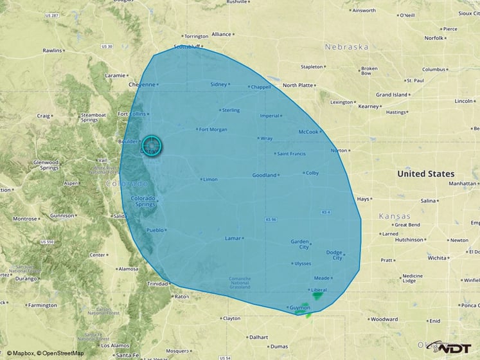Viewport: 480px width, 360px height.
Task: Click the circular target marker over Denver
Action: coord(150,146)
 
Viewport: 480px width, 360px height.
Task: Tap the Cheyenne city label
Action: coord(141,84)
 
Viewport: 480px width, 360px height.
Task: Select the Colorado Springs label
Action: coord(143,201)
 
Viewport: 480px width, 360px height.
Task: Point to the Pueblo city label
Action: coord(155,230)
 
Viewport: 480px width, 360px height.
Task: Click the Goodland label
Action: coord(264,175)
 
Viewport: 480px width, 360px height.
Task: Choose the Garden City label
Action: coord(299,244)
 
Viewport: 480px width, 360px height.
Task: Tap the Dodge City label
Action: coord(334,255)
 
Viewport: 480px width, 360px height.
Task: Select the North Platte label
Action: coord(298,85)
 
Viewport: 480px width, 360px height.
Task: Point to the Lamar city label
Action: coord(232,239)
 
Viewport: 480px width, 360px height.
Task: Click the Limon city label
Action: coord(210,179)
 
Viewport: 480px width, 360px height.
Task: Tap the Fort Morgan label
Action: coord(213,129)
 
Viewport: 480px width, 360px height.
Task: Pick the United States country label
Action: coord(425,174)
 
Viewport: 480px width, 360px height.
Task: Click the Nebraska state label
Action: coord(346,47)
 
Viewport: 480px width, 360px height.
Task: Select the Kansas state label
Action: coord(395,215)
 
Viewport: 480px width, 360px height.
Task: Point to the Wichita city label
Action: coord(438,258)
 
